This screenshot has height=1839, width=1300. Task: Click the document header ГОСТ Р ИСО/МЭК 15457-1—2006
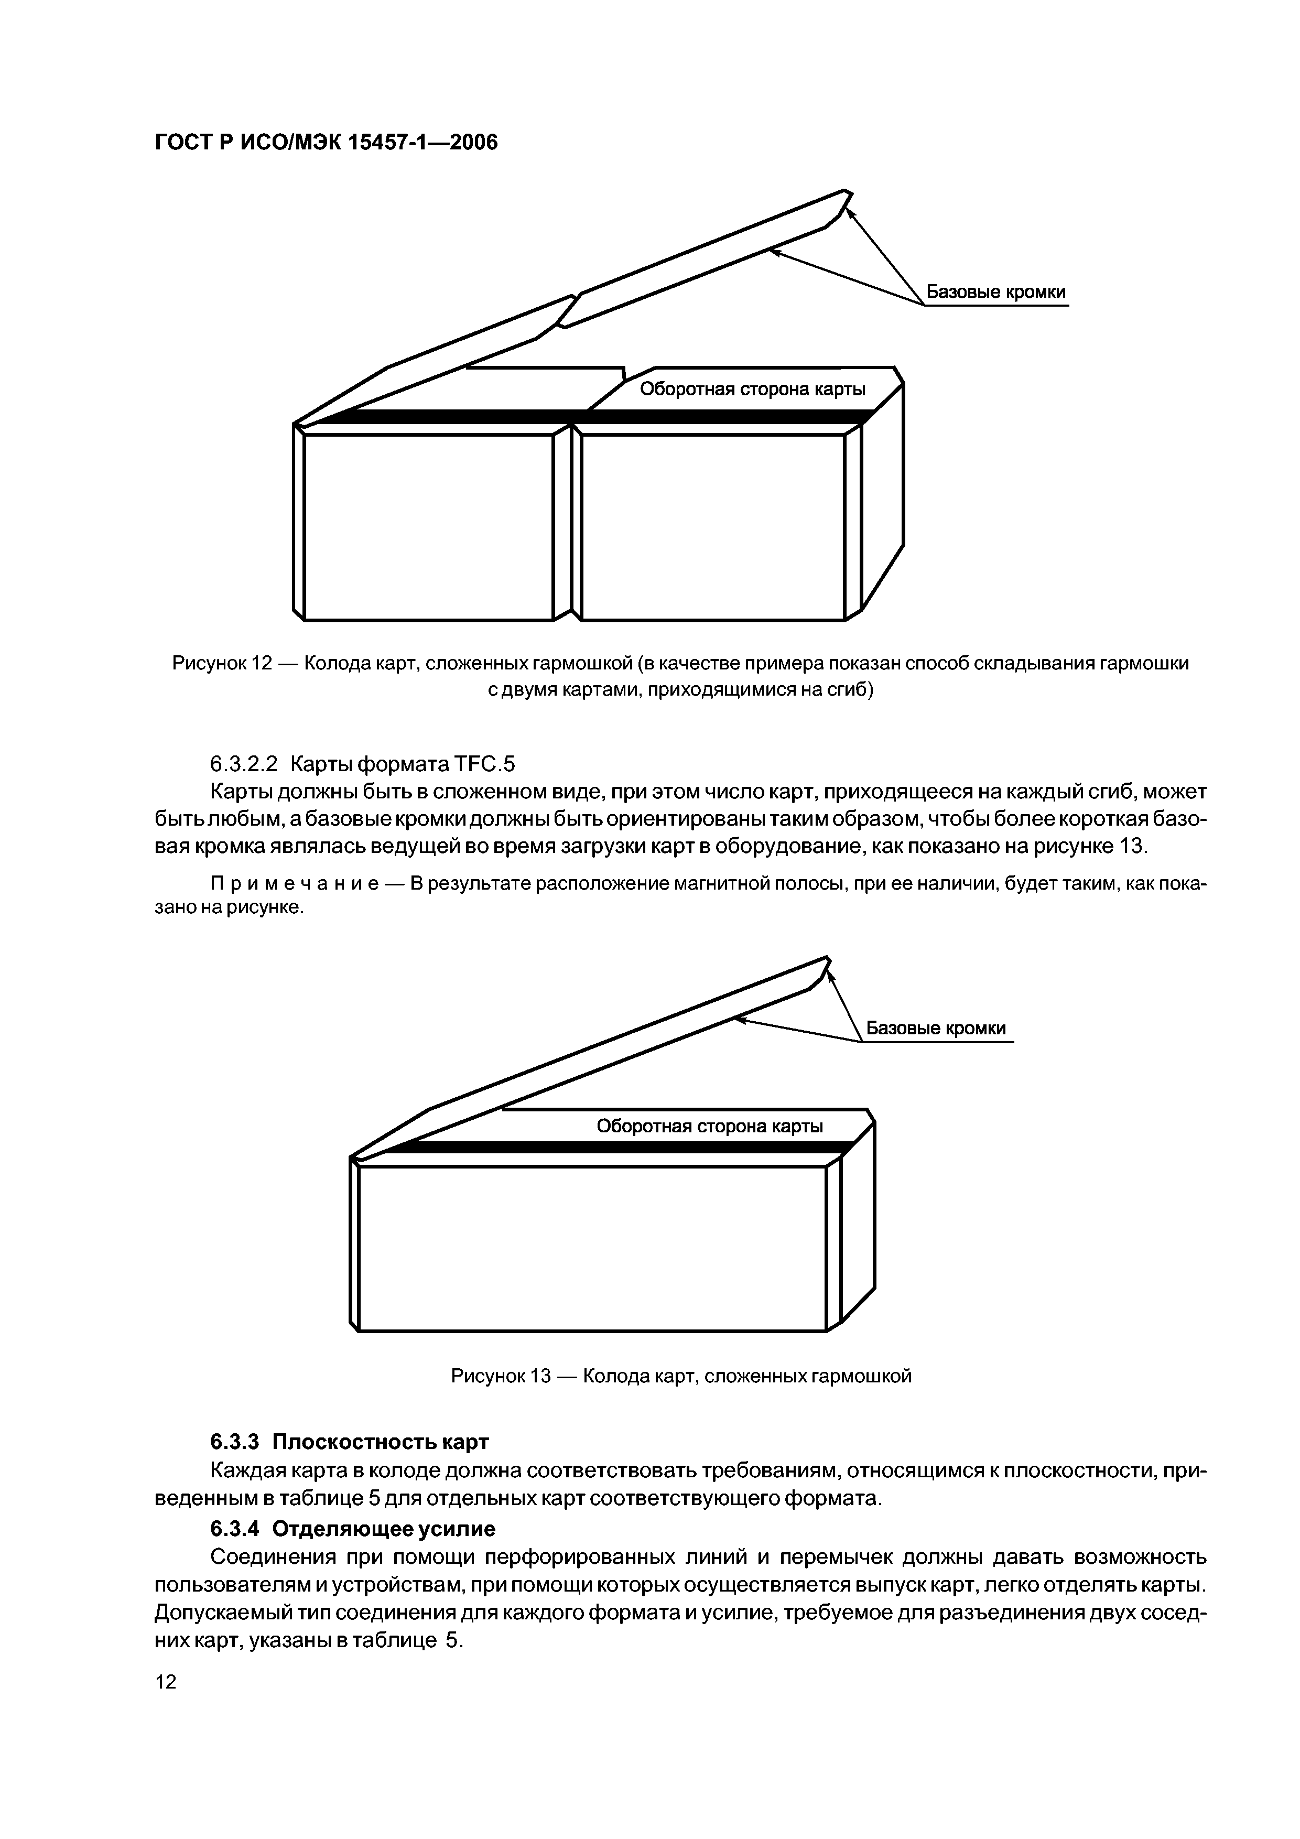(325, 143)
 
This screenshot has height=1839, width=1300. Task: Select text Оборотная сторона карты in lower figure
(710, 1126)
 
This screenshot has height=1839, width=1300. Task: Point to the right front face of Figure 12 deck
(713, 526)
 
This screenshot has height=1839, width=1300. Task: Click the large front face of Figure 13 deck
(591, 1247)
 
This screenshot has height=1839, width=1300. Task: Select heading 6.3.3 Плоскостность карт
(349, 1442)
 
